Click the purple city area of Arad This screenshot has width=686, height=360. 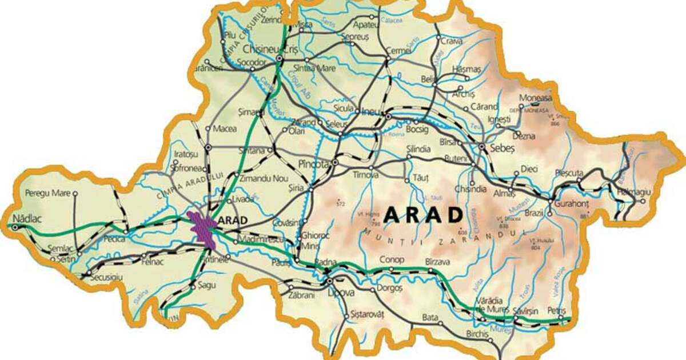pos(201,229)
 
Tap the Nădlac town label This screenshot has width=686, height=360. pos(27,218)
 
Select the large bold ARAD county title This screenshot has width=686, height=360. pos(423,215)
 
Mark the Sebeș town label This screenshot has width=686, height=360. pos(502,147)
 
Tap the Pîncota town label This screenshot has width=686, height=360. pos(314,164)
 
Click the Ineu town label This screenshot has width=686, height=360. pos(373,111)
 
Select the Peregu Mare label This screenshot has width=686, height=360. pos(47,194)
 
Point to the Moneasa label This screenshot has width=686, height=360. pos(536,98)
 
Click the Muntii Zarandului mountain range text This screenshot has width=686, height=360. pos(443,234)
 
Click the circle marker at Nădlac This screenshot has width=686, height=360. pos(15,227)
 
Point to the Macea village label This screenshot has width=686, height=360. pos(224,129)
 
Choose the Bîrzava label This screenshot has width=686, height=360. pos(439,261)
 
